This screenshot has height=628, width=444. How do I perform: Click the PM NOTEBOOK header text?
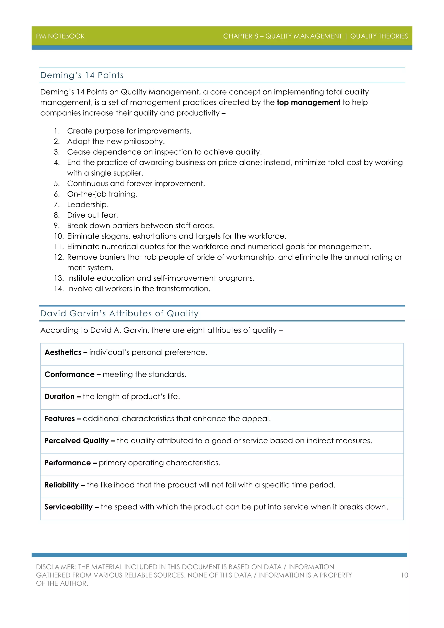pos(60,36)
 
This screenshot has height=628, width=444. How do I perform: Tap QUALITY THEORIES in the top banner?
pos(379,36)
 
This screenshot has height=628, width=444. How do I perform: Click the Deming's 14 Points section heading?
pos(82,75)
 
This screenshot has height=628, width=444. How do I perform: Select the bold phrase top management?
pos(309,102)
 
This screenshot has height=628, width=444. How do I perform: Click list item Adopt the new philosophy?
pos(116,141)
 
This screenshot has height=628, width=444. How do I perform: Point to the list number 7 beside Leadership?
pos(57,204)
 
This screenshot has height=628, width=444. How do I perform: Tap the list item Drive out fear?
pos(92,215)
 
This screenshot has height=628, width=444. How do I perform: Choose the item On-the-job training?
pos(102,194)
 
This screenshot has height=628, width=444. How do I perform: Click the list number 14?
pos(59,289)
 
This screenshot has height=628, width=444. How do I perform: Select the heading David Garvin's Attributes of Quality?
pos(119,313)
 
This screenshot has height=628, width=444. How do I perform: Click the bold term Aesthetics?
pos(63,352)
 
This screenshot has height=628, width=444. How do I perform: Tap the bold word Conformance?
pos(69,375)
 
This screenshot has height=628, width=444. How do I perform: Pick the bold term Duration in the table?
pos(60,397)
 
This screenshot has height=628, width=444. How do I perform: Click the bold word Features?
pos(60,419)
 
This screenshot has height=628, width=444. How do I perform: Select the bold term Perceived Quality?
pos(77,441)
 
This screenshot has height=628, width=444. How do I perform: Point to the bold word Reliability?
pos(62,485)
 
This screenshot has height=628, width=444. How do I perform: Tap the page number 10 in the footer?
pos(404,575)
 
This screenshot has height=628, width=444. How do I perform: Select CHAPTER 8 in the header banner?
pos(240,36)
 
